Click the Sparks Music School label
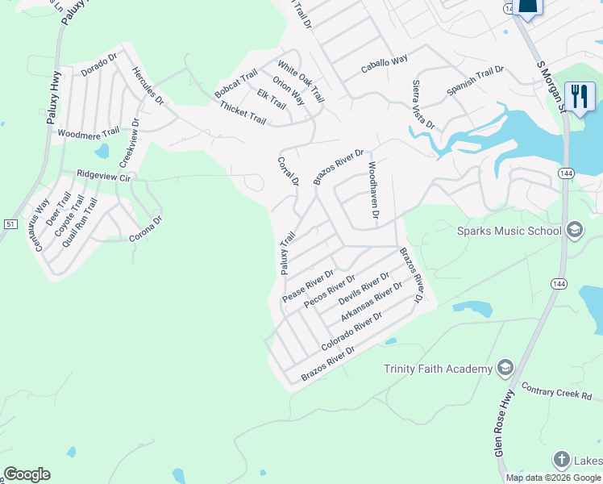(509, 232)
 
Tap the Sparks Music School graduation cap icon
(574, 231)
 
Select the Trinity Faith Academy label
(438, 369)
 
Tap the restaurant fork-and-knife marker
(579, 97)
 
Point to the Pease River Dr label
(308, 286)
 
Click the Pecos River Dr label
(330, 291)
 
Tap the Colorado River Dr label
(351, 332)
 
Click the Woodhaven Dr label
(372, 191)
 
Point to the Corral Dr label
(288, 171)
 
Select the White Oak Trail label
(301, 81)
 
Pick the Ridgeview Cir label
(103, 175)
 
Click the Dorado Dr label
(99, 65)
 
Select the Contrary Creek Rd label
(556, 391)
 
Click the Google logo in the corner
(27, 474)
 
